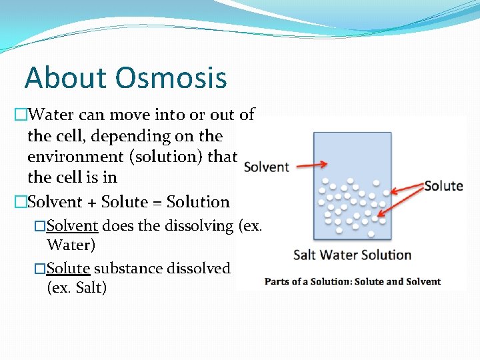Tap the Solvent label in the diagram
(x=267, y=167)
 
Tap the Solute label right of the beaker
(x=443, y=185)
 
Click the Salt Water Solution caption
(x=352, y=255)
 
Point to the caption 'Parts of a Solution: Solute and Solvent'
(x=353, y=281)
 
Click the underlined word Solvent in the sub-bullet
(x=73, y=226)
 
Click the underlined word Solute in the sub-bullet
(x=69, y=269)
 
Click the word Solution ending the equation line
(x=198, y=202)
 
